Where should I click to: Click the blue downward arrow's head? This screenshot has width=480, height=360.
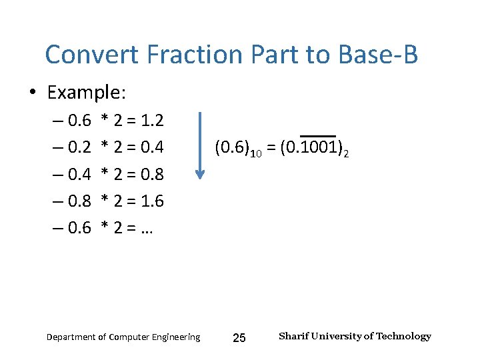[200, 174]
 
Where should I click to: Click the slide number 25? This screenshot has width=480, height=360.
[239, 338]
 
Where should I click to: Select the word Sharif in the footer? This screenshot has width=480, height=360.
[294, 336]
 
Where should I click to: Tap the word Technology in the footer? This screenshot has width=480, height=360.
[403, 336]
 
